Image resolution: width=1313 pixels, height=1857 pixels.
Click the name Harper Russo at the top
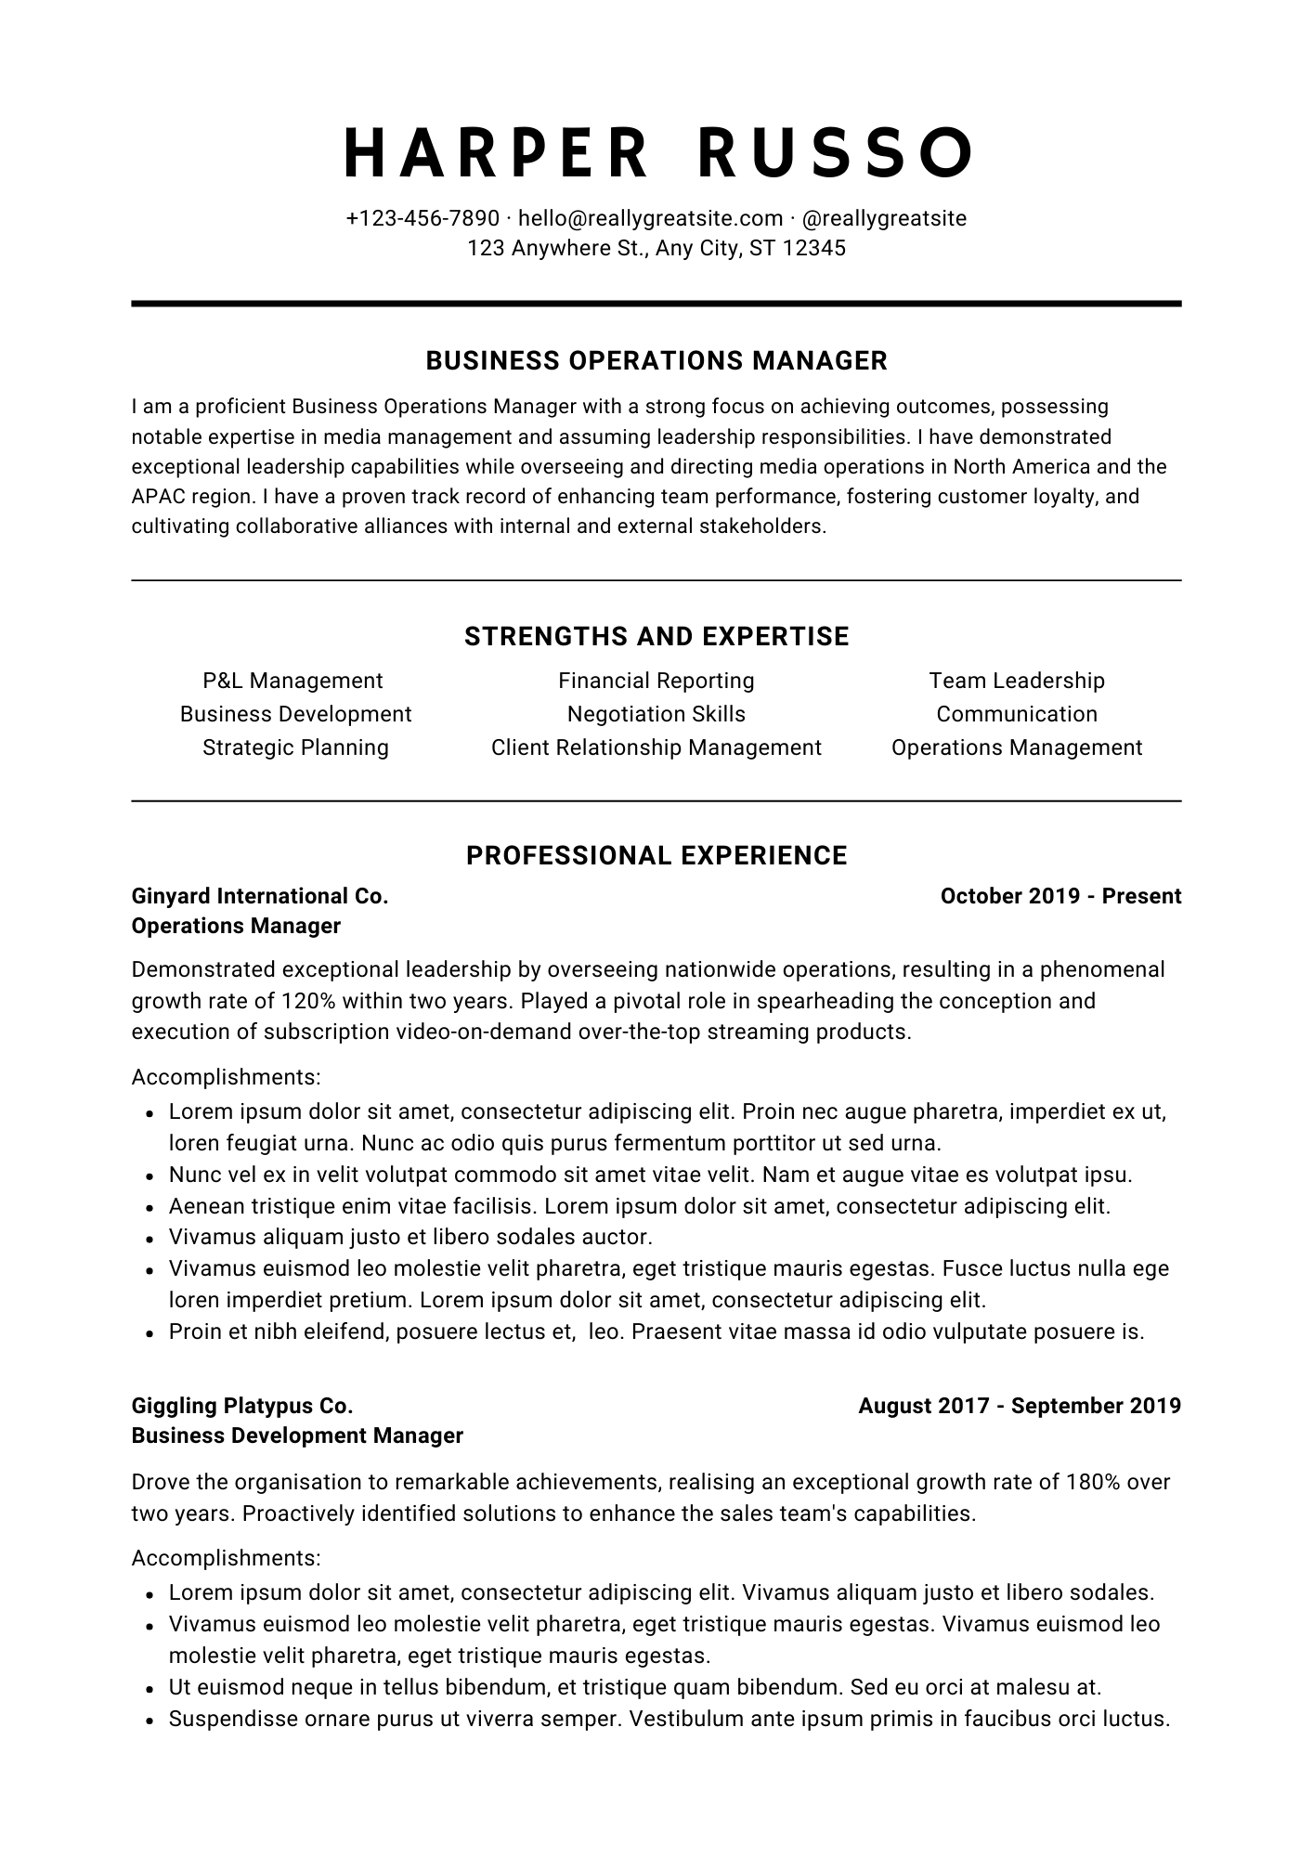656,152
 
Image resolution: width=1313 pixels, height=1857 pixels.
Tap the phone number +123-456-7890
422,218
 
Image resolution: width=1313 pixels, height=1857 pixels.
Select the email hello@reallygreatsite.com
650,218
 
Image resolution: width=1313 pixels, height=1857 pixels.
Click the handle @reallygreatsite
883,218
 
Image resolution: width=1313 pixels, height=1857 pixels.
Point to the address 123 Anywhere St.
656,248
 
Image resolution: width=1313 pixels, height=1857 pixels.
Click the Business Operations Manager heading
656,360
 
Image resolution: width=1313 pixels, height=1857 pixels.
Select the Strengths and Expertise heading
656,636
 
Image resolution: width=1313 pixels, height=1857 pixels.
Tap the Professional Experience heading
656,855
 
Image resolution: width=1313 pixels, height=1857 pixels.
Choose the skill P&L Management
292,681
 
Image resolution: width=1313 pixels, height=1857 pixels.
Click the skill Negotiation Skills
656,714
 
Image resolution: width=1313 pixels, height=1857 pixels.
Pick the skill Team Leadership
1017,681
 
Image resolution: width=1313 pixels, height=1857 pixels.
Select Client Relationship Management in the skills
656,747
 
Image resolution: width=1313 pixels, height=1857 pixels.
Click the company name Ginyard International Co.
260,896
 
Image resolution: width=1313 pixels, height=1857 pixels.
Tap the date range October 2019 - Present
1060,896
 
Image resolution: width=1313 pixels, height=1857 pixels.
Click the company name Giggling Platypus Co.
242,1406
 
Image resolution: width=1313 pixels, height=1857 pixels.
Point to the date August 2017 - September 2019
1020,1406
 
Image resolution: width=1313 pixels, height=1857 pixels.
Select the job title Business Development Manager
297,1435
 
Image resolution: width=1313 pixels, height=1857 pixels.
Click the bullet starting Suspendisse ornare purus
669,1719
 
